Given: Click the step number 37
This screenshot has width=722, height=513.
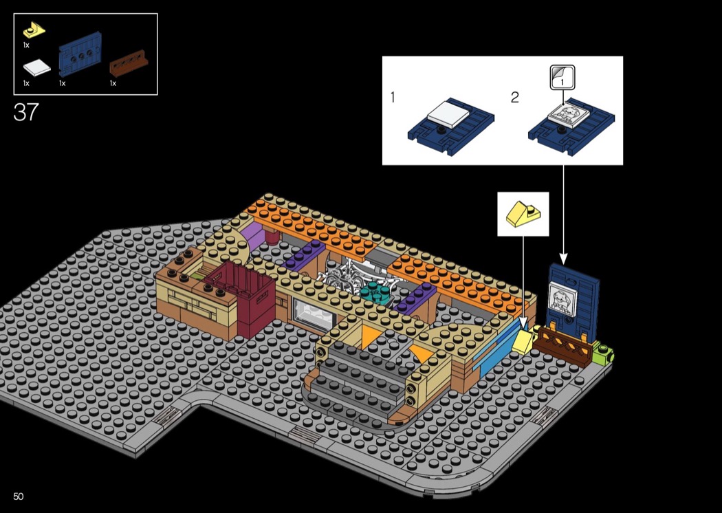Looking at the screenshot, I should pos(26,112).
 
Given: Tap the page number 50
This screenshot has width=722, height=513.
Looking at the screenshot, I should pos(19,496).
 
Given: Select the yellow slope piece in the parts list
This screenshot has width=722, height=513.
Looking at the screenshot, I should pos(34,29).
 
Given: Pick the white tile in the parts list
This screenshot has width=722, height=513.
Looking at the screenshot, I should pos(35,68).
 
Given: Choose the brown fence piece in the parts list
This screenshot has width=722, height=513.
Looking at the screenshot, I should pos(129,67).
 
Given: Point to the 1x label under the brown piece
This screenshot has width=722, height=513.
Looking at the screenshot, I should pos(113,83).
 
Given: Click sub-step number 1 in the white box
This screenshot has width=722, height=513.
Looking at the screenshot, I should pos(393,98).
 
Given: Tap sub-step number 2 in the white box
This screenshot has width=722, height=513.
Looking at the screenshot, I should pos(515,98).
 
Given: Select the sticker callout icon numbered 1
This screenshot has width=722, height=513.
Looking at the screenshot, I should pos(562,77).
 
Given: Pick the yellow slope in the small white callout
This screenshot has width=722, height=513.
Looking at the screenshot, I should pos(523,215).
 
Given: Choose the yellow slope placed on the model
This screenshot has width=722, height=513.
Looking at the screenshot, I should pos(525,340).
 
